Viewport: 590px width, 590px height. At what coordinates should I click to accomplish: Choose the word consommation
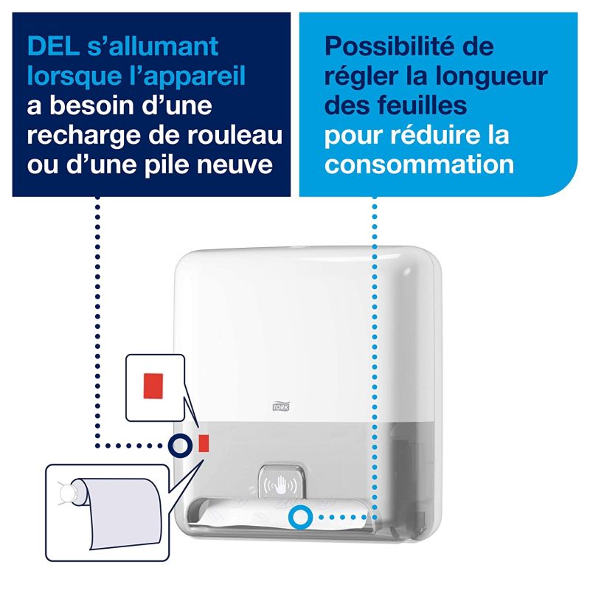click(419, 164)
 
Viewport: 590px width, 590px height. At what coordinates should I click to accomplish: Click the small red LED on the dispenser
click(204, 442)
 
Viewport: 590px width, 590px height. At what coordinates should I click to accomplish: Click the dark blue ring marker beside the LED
click(178, 443)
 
